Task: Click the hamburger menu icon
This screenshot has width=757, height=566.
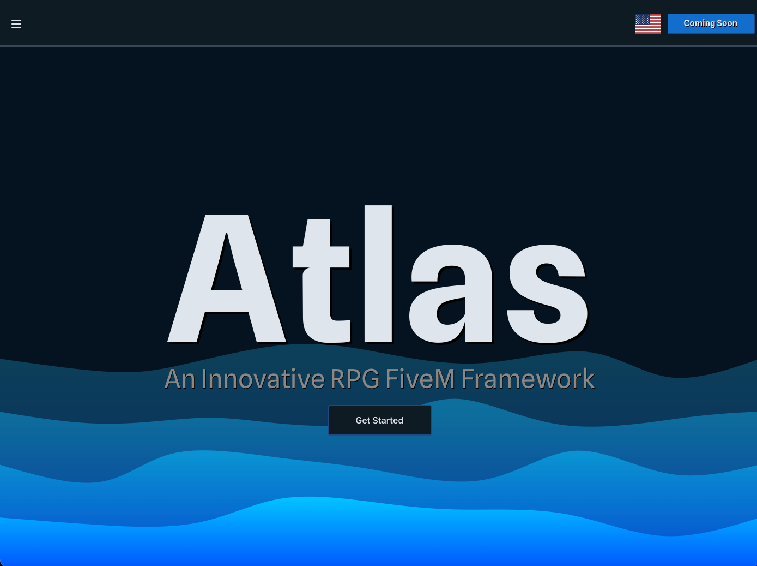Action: (x=16, y=24)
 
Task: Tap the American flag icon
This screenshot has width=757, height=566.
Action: (x=648, y=24)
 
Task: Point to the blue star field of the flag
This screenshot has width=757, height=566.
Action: (x=642, y=20)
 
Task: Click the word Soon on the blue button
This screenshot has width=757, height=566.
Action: (x=727, y=23)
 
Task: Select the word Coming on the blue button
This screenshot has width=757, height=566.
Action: (x=699, y=23)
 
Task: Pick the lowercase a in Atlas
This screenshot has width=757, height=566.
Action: (x=451, y=295)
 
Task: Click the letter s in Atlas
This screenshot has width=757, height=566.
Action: (x=547, y=295)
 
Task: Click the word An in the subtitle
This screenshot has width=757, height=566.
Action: (x=180, y=379)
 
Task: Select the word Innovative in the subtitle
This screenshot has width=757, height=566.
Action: (x=263, y=379)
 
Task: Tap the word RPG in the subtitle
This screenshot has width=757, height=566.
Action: (x=355, y=379)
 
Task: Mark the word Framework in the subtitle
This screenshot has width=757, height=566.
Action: (x=528, y=379)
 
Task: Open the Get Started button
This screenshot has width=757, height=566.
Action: (x=379, y=420)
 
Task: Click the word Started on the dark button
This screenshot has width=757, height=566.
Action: (x=388, y=420)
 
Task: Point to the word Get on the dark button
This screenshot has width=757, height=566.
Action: (x=363, y=420)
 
